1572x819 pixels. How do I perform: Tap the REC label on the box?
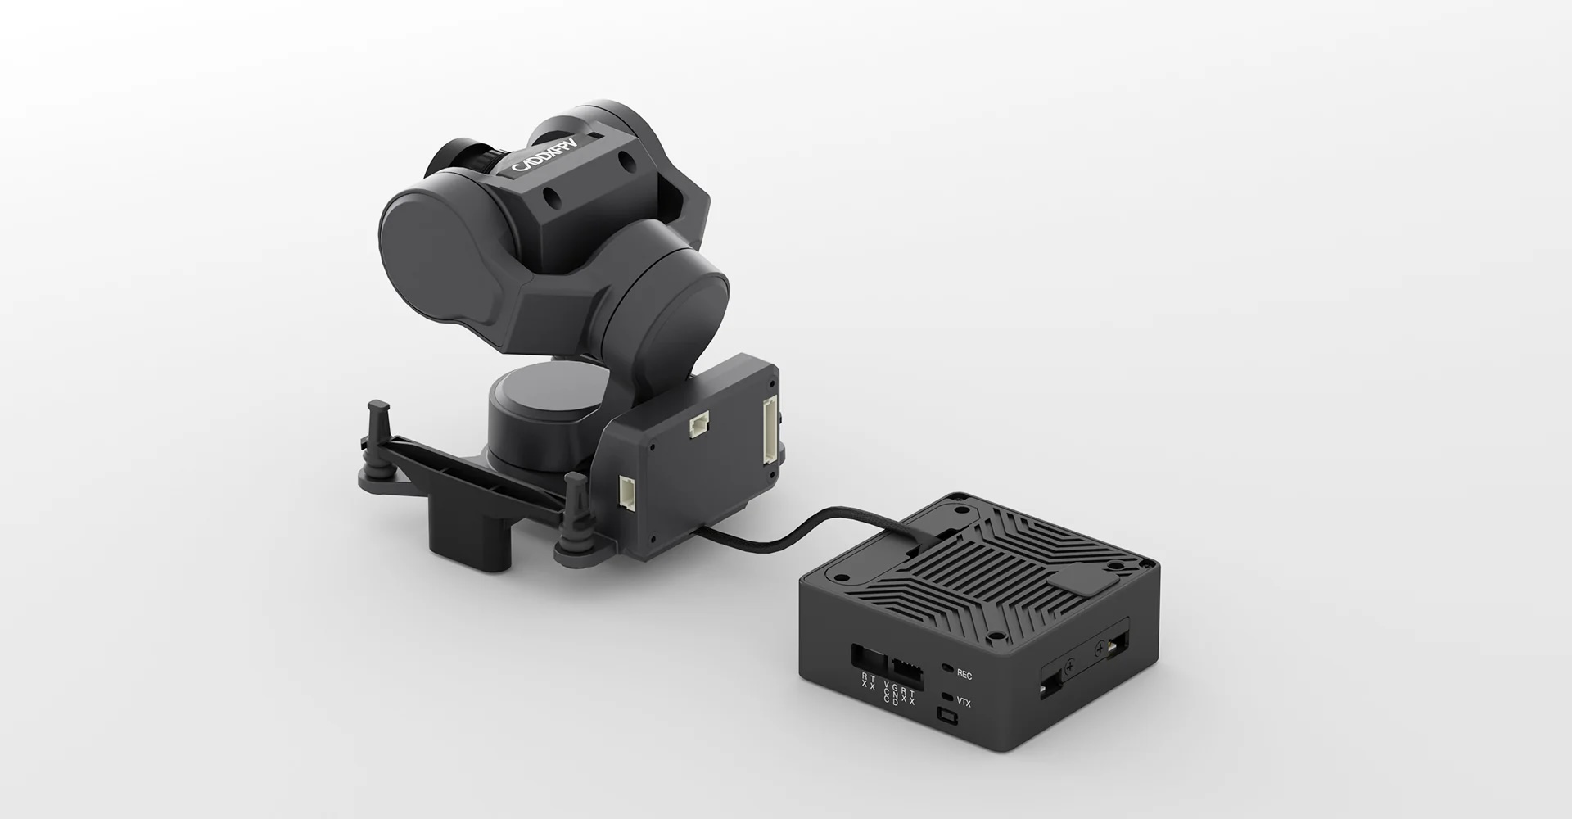964,675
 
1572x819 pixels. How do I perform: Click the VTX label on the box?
964,701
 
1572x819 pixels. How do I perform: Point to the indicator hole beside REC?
947,669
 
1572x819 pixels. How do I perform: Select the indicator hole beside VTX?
947,697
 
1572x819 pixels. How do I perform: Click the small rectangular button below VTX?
948,718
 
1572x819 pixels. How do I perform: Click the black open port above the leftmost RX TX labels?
868,656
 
